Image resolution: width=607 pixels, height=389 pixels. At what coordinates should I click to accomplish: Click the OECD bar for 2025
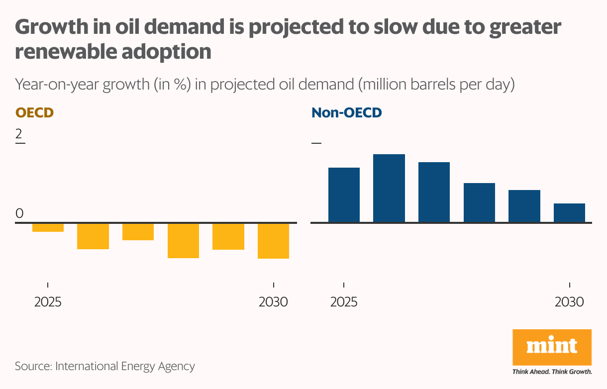coord(48,227)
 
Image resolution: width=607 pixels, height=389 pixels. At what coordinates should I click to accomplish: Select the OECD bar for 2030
coord(273,241)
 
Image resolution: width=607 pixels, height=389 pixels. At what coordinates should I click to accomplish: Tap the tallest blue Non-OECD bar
coord(389,188)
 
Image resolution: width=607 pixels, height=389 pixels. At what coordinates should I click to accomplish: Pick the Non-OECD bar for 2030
coord(569,212)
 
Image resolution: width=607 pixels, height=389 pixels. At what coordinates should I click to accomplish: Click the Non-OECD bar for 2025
coord(344,194)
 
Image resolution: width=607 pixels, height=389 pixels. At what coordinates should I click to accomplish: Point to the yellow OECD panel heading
coord(34,112)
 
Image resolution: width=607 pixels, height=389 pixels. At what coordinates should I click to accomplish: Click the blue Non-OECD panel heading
coord(346,112)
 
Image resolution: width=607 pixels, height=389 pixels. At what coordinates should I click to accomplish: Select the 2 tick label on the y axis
coord(19,134)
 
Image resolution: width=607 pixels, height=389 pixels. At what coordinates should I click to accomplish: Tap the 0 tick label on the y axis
coord(19,213)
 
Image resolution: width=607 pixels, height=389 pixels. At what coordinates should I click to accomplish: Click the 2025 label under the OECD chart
coord(48,302)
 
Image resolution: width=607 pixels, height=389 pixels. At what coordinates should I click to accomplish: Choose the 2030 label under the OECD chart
coord(273,302)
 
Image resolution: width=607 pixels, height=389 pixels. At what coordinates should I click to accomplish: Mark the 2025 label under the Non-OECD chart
coord(344,302)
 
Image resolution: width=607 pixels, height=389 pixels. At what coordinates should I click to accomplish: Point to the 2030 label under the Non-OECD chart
coord(569,302)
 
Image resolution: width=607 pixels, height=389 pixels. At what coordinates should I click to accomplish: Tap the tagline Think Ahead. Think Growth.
coord(552,372)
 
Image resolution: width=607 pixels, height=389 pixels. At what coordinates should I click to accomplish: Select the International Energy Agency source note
coord(105,367)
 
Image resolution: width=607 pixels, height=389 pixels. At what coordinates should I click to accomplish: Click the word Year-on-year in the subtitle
coord(57,85)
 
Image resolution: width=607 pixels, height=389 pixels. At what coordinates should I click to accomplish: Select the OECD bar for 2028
coord(183,240)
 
